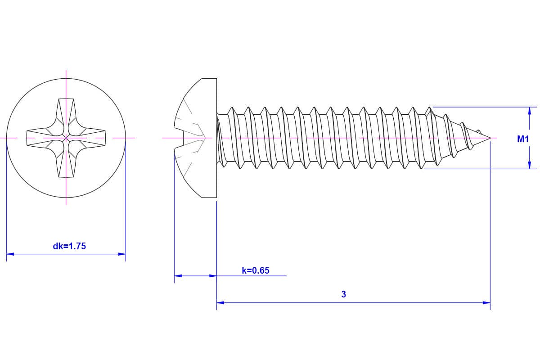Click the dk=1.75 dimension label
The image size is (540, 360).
[x=69, y=246]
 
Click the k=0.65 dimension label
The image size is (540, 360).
[x=256, y=270]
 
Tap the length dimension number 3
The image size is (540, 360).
[x=344, y=294]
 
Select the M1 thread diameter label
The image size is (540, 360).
[x=523, y=139]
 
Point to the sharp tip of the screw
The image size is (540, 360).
[x=490, y=138]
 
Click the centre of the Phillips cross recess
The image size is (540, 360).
[x=66, y=138]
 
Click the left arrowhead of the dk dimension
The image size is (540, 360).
[x=10, y=254]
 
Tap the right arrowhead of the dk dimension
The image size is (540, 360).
[x=122, y=254]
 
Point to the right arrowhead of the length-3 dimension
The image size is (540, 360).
[x=486, y=302]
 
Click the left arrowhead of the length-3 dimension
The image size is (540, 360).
[x=220, y=302]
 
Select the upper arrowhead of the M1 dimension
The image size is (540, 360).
[x=529, y=111]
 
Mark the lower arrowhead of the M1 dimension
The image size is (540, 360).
[x=529, y=165]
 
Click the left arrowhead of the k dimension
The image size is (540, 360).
[x=178, y=275]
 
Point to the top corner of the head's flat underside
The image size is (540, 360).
[x=216, y=79]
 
